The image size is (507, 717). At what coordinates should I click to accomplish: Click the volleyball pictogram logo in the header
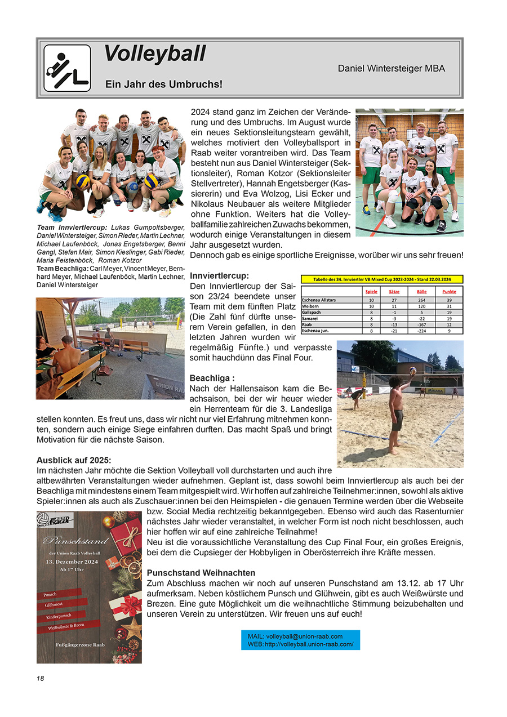67,68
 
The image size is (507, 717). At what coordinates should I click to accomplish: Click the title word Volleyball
155,54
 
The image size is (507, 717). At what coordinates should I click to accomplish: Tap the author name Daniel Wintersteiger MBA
391,68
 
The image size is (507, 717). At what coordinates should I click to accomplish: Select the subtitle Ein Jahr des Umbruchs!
164,84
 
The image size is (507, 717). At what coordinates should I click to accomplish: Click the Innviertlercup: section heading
219,276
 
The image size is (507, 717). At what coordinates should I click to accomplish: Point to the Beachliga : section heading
212,377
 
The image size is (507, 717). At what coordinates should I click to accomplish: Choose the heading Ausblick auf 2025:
74,460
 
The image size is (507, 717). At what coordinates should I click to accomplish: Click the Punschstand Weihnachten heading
201,573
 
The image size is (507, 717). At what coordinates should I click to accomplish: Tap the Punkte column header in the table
449,291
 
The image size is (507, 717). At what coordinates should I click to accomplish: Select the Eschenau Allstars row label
319,300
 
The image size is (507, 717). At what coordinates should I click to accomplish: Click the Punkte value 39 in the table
449,300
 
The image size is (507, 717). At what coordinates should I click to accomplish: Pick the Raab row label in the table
307,324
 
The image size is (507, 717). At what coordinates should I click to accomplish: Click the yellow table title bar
382,279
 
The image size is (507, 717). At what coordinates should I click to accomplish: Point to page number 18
41,679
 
